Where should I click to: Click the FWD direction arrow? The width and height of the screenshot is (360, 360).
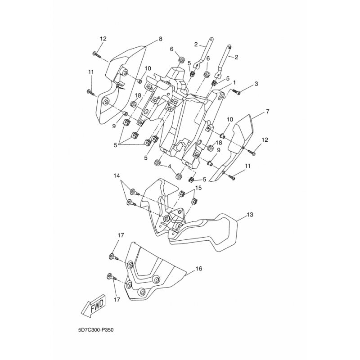click(x=94, y=306)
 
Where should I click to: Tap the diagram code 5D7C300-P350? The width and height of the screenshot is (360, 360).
click(x=96, y=330)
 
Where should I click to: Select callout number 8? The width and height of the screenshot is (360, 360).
click(x=161, y=39)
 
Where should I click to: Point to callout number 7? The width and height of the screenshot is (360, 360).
click(x=267, y=112)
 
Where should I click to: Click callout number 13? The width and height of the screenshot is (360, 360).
click(x=250, y=215)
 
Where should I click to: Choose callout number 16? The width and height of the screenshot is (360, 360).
click(x=199, y=268)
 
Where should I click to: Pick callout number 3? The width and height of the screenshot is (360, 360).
click(x=256, y=84)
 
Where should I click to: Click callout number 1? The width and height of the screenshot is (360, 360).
click(x=234, y=82)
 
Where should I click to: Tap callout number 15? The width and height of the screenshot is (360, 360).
click(x=198, y=188)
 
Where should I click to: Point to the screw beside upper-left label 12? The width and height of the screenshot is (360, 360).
click(x=97, y=54)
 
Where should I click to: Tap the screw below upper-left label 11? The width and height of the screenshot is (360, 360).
click(x=91, y=93)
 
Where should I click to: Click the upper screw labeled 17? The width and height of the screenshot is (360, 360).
click(x=113, y=257)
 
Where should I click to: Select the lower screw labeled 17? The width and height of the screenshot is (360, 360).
click(x=112, y=277)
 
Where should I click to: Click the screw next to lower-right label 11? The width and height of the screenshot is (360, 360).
click(x=232, y=176)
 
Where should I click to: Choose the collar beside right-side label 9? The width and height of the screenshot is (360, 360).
click(x=210, y=163)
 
